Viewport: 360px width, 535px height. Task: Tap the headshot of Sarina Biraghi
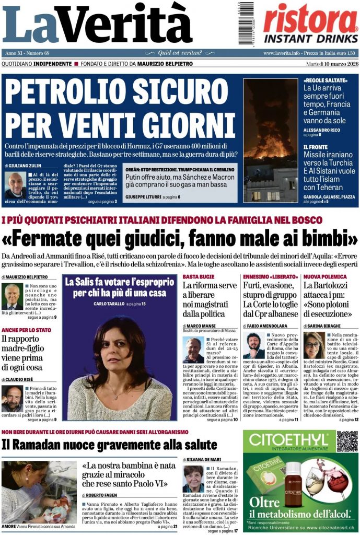click(x=313, y=345)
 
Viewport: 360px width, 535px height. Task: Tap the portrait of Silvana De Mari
click(x=193, y=479)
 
